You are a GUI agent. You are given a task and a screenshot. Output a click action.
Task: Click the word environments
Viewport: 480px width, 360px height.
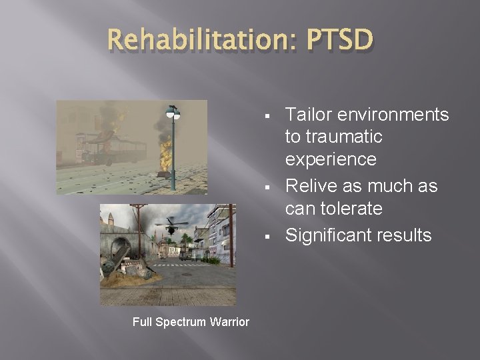(394, 115)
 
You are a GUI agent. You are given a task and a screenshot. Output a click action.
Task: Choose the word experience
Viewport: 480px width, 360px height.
(331, 160)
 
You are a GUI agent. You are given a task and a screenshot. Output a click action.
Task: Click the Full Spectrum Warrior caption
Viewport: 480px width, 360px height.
(191, 322)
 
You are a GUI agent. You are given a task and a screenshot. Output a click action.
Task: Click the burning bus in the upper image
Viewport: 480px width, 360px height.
(106, 148)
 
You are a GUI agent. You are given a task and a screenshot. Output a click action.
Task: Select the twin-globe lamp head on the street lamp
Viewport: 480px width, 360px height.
(172, 113)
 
